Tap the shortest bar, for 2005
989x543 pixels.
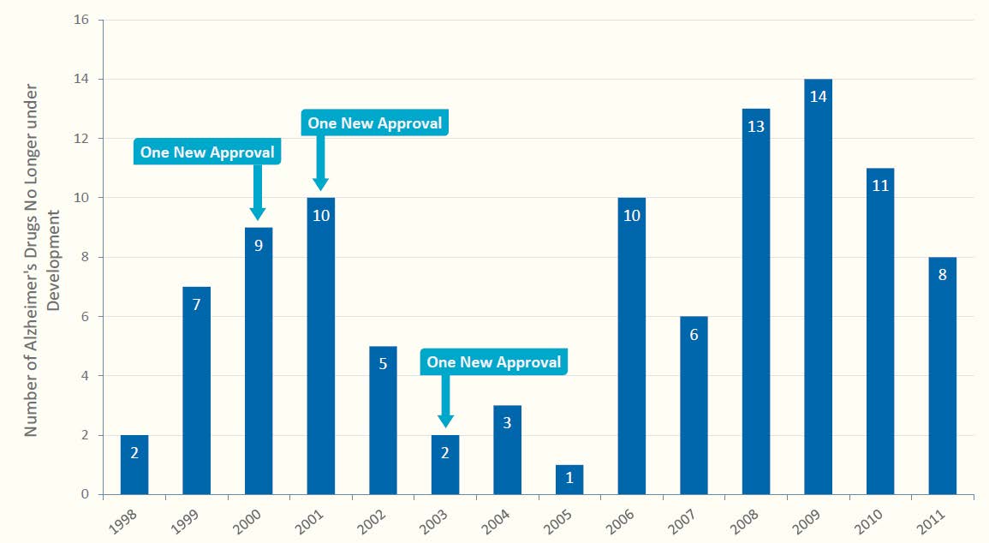(569, 480)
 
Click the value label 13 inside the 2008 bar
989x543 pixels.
(756, 126)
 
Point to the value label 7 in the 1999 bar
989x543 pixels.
(196, 304)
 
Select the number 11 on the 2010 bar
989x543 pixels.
(880, 185)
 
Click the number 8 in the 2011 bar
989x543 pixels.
(942, 275)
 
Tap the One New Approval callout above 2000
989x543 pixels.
(208, 152)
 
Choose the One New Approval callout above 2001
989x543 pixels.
(375, 123)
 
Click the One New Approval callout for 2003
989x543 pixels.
(494, 362)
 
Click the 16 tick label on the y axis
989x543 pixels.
(82, 20)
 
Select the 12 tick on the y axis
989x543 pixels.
(82, 139)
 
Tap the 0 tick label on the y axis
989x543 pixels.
(86, 495)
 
